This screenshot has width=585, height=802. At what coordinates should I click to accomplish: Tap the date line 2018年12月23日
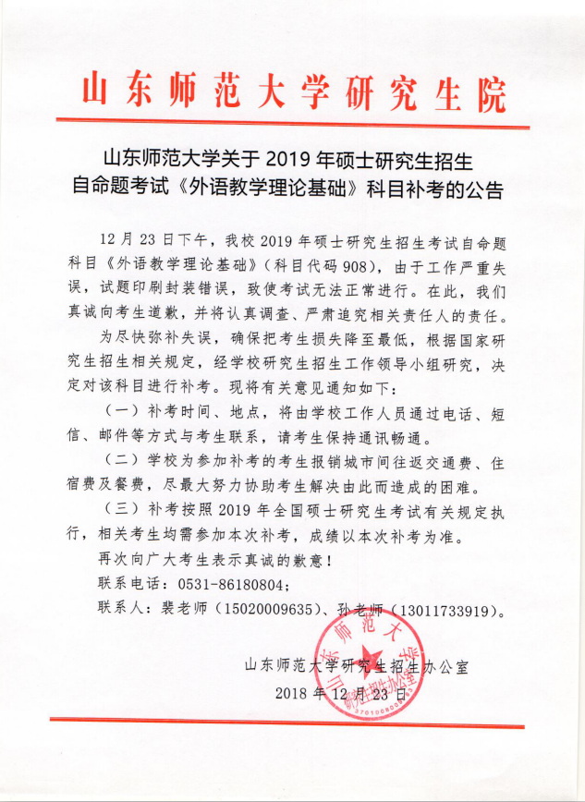click(x=340, y=691)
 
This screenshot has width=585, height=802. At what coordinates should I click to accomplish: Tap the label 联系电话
click(x=129, y=585)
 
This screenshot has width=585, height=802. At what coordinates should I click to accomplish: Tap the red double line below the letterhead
click(x=292, y=120)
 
